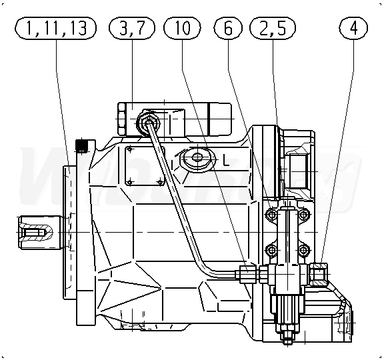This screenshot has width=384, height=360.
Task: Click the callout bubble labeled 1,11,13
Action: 55,28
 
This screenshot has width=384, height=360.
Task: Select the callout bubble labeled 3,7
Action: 132,28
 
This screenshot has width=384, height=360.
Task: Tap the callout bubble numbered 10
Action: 182,28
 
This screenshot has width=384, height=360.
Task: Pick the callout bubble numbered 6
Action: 228,28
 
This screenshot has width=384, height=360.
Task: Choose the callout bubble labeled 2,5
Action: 273,28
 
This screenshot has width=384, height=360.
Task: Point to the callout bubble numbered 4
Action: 353,28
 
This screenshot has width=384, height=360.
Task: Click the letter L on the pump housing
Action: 226,161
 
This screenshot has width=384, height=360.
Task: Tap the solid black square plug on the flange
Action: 81,145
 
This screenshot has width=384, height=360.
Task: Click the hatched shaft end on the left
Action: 36,232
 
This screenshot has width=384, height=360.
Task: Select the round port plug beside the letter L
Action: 197,157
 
